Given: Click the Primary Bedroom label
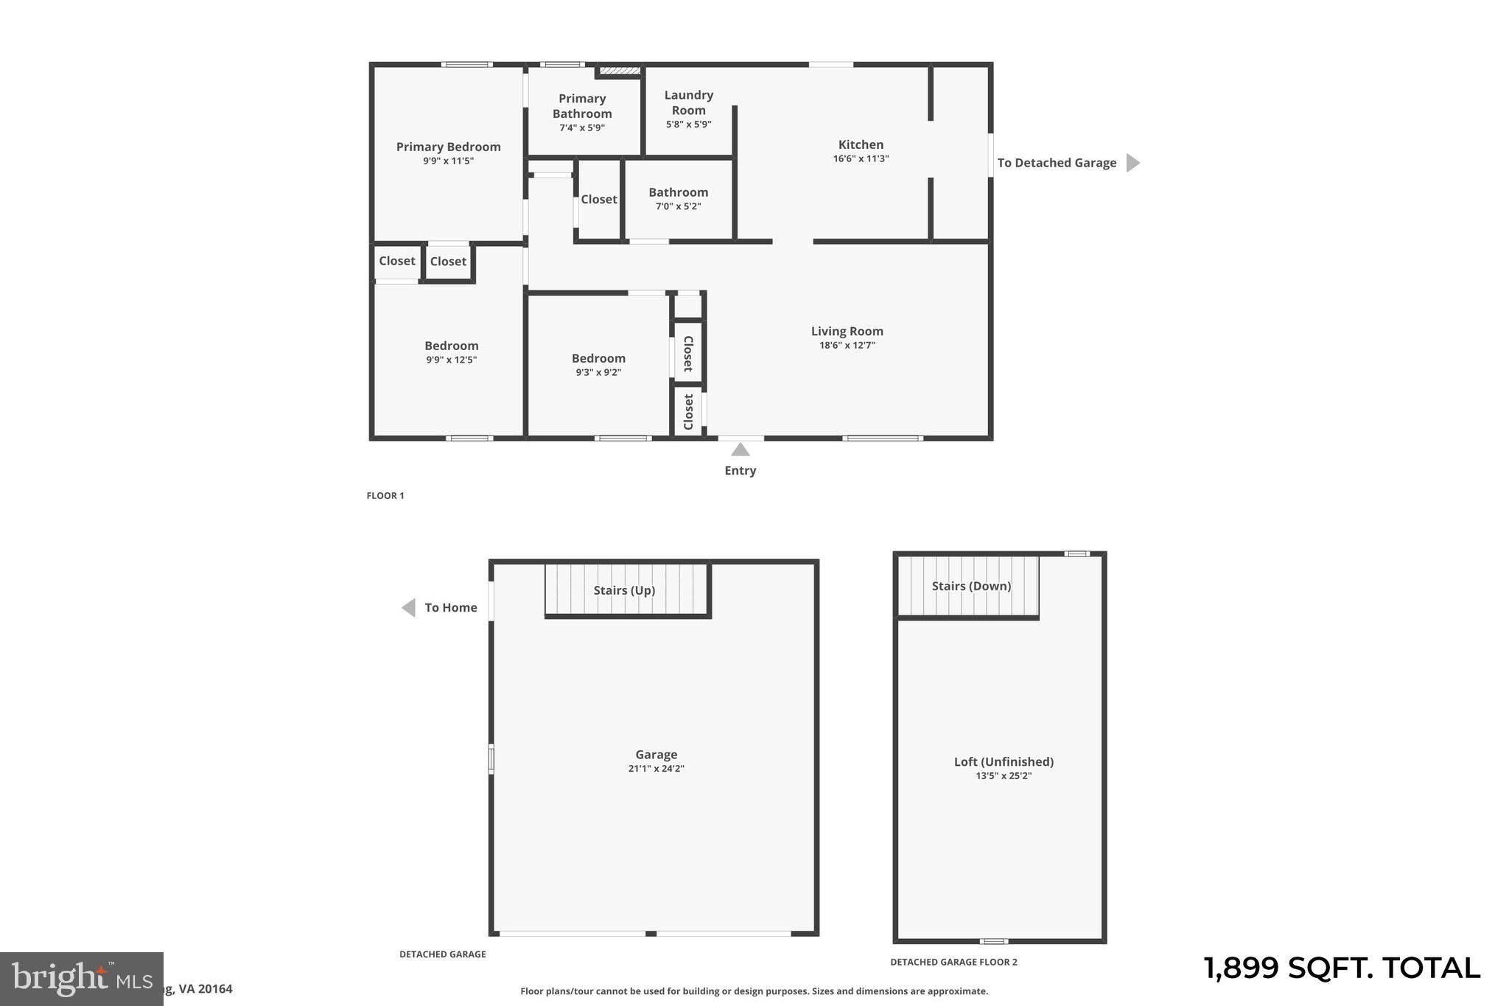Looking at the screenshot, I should tap(448, 147).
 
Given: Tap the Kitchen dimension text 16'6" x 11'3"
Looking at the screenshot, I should tap(861, 158).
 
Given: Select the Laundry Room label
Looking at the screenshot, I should tap(688, 102).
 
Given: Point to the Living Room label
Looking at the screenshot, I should tap(847, 331).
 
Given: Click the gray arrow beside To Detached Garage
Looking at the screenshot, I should tap(1132, 163).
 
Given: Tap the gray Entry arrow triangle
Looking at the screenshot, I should tap(740, 450).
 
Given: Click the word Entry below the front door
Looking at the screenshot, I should tap(740, 470).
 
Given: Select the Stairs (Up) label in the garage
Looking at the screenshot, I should tap(624, 590).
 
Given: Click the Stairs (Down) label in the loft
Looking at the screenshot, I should tap(970, 586).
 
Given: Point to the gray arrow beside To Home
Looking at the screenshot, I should tap(408, 607).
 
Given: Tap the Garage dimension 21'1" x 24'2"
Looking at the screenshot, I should tap(656, 769).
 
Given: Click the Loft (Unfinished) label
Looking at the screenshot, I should tap(1004, 761).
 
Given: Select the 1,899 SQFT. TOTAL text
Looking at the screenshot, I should tap(1341, 968).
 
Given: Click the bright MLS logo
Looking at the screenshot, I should tap(81, 979).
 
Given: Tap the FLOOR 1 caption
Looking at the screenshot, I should tap(385, 496).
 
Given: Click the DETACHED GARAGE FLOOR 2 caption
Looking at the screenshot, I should tap(953, 962).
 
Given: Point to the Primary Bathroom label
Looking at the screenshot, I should tap(581, 105).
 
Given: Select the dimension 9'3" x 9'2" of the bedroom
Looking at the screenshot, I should tap(598, 372).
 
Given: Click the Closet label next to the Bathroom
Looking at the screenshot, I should tap(598, 199).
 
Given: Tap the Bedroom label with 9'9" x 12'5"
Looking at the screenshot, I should tap(451, 346).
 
